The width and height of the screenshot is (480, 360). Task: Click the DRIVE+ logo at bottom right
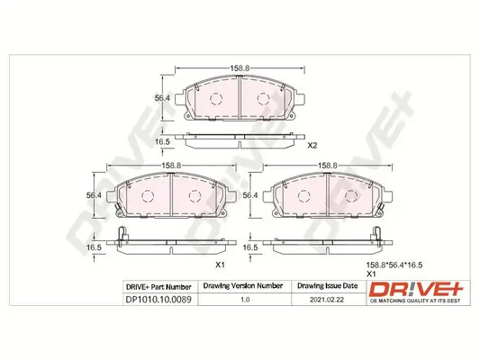[416, 288]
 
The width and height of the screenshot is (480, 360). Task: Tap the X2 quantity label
[312, 146]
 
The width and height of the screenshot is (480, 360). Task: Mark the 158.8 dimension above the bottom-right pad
[327, 165]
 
